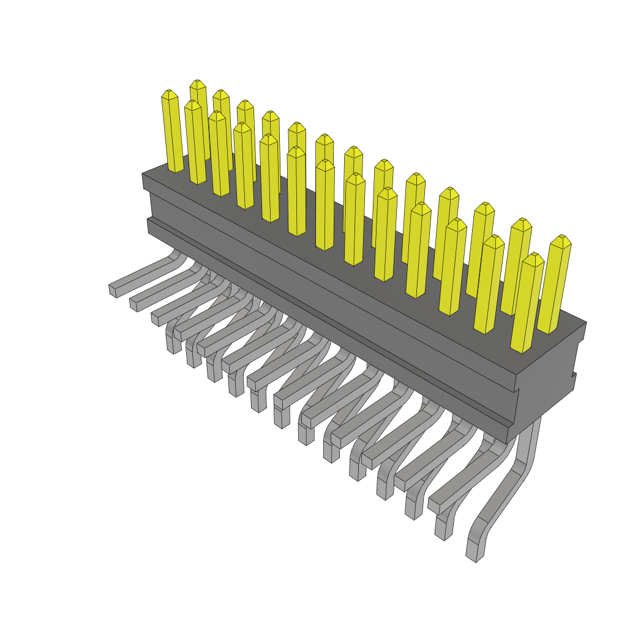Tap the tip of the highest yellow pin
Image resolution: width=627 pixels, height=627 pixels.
197,83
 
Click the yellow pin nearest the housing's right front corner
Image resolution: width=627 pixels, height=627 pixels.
527,303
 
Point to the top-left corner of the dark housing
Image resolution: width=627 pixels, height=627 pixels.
143,175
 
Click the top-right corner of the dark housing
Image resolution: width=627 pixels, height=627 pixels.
585,323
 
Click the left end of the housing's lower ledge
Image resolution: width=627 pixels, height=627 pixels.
149,225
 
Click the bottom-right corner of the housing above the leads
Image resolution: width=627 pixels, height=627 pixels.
508,440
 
